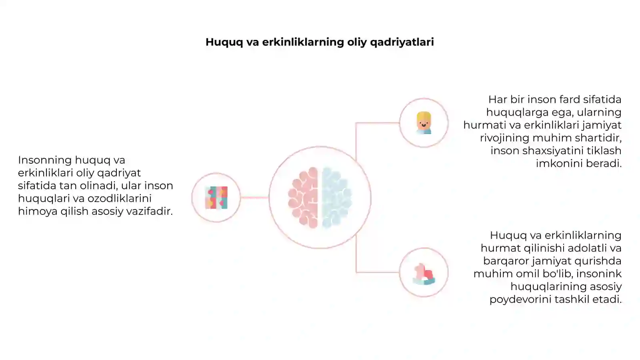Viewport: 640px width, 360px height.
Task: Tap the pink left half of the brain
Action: pos(303,198)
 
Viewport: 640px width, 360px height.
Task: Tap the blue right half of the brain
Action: pos(336,198)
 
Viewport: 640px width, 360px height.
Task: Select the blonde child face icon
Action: pos(424,123)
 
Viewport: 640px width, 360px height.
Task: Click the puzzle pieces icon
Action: pos(216,198)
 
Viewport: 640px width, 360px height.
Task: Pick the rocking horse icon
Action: pos(424,274)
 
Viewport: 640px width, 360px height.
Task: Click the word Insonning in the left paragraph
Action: pos(45,160)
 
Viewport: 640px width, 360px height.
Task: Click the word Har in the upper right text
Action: pos(497,100)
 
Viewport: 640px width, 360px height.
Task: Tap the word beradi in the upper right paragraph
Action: pos(604,164)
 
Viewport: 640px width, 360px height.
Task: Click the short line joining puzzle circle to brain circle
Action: pos(254,197)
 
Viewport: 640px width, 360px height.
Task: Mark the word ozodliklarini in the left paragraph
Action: pos(120,198)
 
